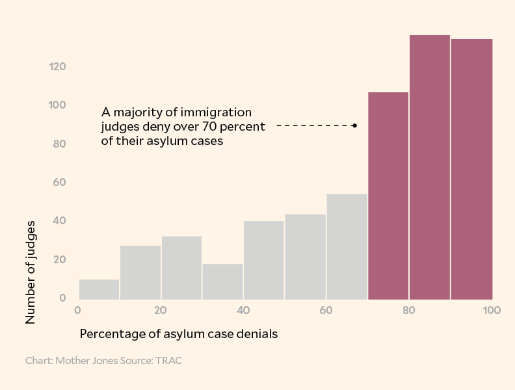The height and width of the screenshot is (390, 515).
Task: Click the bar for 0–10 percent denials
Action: (99, 289)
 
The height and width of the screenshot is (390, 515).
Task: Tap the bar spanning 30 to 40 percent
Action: (223, 281)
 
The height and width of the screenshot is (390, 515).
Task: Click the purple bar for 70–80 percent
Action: (389, 195)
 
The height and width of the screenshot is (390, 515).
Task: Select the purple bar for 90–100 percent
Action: (471, 168)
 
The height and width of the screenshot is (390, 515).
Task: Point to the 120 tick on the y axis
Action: (58, 67)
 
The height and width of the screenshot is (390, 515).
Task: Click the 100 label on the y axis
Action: (58, 105)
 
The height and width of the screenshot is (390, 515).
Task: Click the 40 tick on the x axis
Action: (243, 311)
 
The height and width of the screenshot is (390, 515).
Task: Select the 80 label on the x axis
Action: (409, 311)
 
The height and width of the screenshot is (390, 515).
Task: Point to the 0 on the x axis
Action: (77, 311)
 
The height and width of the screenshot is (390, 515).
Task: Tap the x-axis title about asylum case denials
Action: (179, 334)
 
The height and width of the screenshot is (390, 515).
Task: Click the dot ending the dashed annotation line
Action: (354, 125)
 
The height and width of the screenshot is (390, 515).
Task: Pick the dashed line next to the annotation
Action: (315, 125)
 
